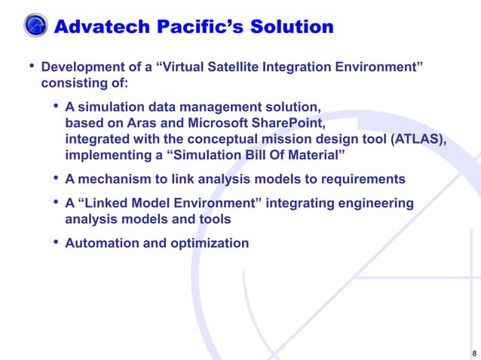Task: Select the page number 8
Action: pyautogui.click(x=473, y=352)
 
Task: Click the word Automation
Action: pyautogui.click(x=101, y=243)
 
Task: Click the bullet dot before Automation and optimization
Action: pyautogui.click(x=57, y=243)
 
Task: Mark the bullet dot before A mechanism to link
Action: pyautogui.click(x=57, y=178)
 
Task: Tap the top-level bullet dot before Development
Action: pyautogui.click(x=32, y=68)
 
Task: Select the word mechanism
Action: pyautogui.click(x=113, y=179)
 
